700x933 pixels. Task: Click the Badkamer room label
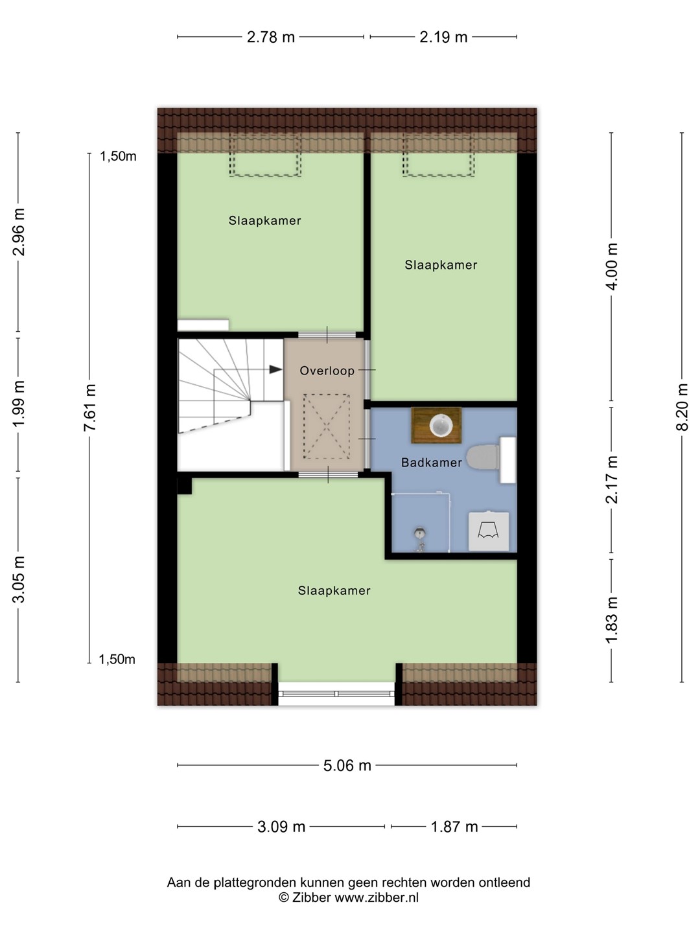432,463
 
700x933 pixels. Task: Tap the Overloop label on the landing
327,371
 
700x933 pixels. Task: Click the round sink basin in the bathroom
440,426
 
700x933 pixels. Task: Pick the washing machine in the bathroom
488,531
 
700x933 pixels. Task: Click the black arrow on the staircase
275,369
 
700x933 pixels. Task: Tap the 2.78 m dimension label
271,38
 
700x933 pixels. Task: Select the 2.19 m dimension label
443,38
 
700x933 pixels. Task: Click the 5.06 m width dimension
347,766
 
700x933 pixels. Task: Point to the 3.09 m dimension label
281,827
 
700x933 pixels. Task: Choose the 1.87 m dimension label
454,827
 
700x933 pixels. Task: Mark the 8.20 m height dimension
682,407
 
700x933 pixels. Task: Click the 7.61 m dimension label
89,407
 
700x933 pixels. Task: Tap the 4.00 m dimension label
611,266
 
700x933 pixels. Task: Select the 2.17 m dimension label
611,479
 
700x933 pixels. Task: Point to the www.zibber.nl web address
377,897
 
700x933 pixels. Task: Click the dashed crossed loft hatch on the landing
327,426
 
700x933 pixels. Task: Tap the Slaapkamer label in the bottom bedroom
334,590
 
